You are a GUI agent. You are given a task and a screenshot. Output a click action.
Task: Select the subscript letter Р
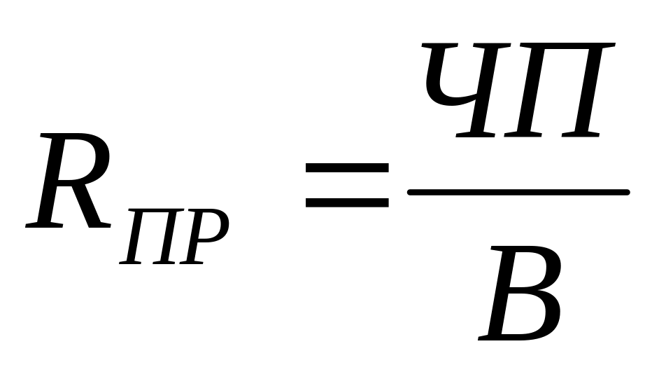tap(203, 238)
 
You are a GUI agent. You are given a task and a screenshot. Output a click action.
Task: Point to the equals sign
tap(346, 186)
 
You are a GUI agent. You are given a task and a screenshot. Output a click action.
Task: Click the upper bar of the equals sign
tap(346, 168)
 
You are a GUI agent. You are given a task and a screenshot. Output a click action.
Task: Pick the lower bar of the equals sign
tap(346, 203)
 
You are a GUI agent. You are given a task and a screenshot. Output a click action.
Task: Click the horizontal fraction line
tap(518, 191)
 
